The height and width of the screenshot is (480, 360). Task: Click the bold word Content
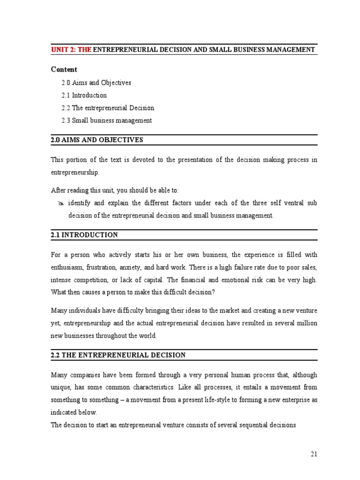click(x=64, y=69)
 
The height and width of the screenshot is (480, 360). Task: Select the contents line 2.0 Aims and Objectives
click(x=96, y=82)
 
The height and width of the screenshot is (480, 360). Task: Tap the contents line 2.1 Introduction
click(x=84, y=95)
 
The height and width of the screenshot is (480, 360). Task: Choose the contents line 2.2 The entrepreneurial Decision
click(x=107, y=108)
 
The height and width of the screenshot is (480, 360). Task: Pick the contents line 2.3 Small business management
click(x=106, y=120)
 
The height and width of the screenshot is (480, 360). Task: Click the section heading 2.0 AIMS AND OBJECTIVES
click(x=97, y=140)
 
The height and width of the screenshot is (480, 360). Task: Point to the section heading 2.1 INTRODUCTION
click(x=84, y=235)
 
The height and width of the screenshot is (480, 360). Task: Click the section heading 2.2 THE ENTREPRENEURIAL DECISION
click(x=118, y=355)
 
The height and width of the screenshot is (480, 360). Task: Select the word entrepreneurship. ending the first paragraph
click(x=75, y=172)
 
